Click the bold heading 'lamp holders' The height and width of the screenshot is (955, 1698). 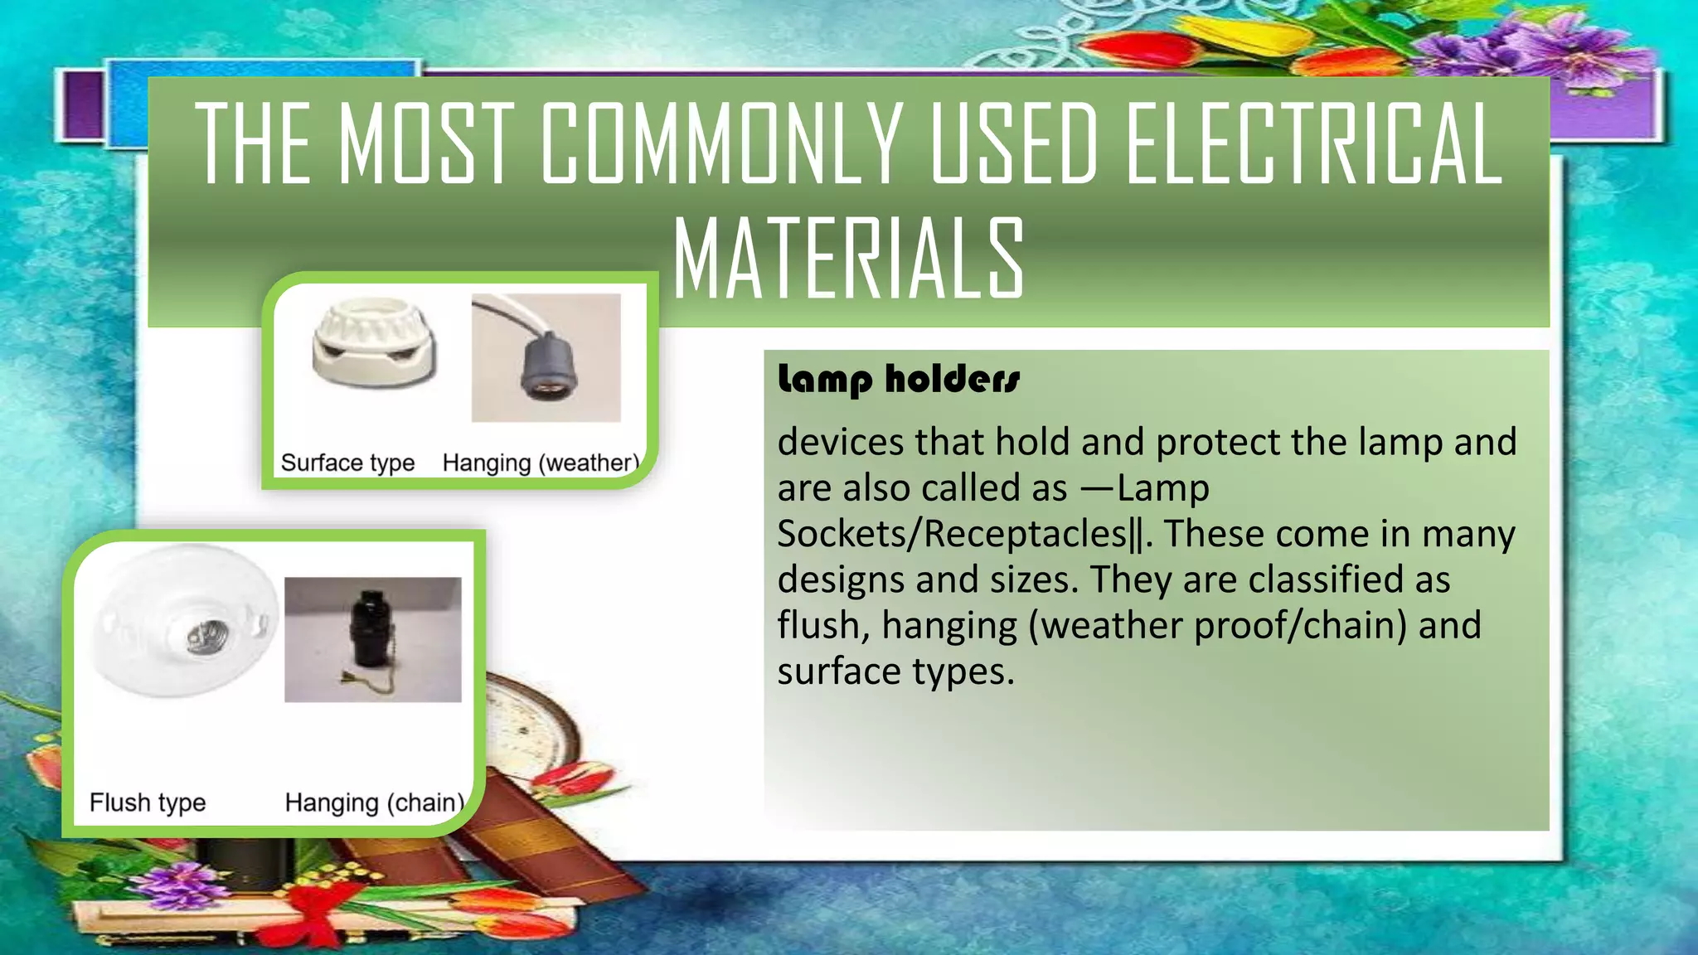[x=899, y=380]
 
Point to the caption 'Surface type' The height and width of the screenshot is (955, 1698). [x=347, y=463]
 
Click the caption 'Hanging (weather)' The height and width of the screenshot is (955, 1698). [x=541, y=463]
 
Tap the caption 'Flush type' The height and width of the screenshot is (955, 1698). [x=148, y=802]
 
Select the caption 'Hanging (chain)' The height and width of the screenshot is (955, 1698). [x=374, y=802]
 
